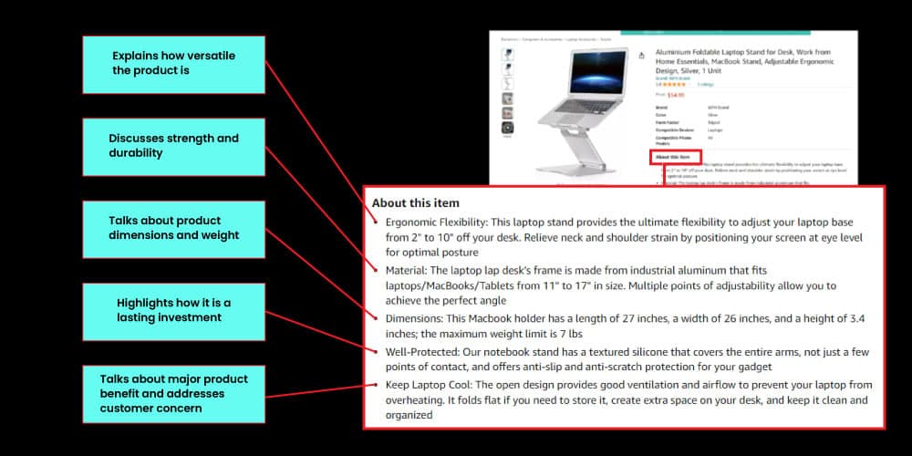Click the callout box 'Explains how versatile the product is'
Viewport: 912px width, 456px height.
coord(173,64)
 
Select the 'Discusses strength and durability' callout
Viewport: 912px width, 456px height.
coord(173,146)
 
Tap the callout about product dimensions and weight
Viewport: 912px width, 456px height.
coord(173,228)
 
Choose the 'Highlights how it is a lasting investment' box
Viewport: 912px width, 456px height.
coord(173,310)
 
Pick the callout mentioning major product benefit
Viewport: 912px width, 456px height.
coord(173,394)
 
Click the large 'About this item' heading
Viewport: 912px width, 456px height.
coord(416,202)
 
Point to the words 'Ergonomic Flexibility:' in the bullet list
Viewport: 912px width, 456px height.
coord(435,222)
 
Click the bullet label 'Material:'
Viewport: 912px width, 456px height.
coord(405,270)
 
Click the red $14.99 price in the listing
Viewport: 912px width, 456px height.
coord(676,94)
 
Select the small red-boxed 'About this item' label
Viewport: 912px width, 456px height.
coord(675,157)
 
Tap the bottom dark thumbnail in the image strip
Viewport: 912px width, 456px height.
coord(507,128)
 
